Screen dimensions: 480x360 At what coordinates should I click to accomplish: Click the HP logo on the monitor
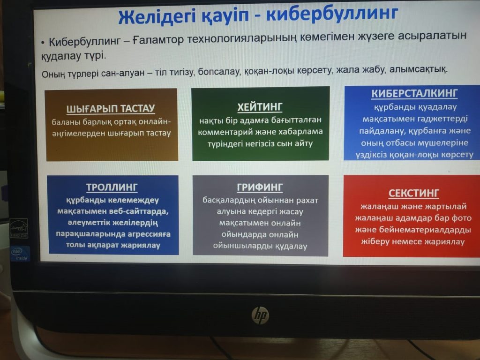(260, 315)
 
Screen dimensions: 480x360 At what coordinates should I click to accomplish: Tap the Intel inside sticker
(20, 254)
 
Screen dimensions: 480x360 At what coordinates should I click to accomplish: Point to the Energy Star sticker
(19, 228)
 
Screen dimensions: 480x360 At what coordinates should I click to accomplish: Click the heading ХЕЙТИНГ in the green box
(260, 107)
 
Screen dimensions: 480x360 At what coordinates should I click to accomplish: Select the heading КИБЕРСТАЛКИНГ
(414, 93)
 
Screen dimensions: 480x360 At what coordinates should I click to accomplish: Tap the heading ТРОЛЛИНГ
(112, 187)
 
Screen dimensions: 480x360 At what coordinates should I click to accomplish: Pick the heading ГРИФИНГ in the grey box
(260, 187)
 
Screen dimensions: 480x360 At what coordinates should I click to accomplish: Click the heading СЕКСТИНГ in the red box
(413, 193)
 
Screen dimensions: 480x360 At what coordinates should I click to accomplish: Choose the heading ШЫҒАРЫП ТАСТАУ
(111, 108)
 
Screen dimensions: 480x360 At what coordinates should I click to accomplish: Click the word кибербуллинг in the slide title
(332, 13)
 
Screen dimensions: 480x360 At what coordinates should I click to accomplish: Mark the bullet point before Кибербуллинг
(43, 43)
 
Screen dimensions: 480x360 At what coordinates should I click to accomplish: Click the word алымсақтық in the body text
(418, 69)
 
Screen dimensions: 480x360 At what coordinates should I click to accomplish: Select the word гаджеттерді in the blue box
(442, 119)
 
